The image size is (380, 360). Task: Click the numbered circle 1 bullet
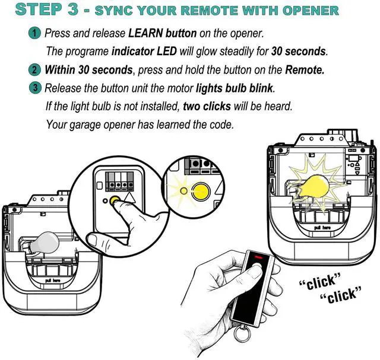(34, 33)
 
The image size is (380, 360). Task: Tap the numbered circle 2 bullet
(34, 70)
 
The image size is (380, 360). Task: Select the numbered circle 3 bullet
(34, 88)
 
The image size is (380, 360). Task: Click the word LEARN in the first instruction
(145, 33)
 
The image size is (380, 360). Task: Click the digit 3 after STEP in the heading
(72, 9)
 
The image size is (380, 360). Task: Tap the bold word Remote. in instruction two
(305, 70)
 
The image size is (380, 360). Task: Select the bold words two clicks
(207, 106)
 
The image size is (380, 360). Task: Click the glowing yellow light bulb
(313, 186)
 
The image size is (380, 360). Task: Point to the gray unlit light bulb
(43, 243)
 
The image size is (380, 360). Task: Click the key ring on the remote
(242, 334)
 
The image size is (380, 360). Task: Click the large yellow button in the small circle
(201, 191)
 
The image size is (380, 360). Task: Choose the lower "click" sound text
(341, 295)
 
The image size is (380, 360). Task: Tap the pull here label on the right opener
(322, 228)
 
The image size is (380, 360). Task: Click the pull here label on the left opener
(53, 281)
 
